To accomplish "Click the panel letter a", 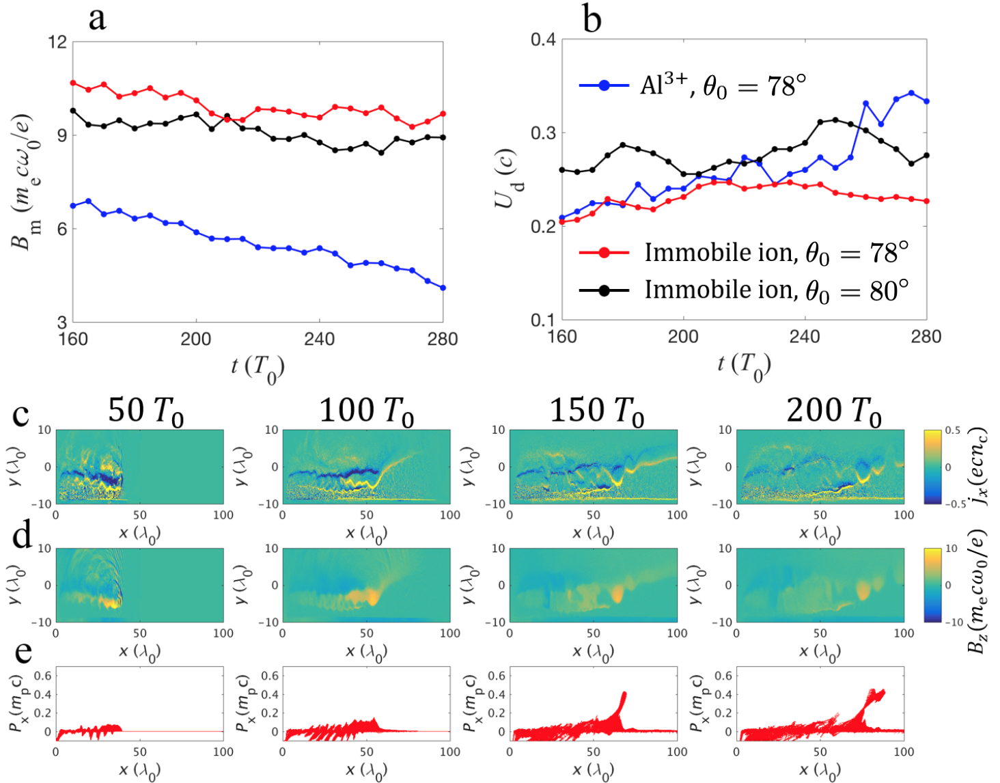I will click(x=98, y=18).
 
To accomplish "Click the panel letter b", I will click(x=592, y=19).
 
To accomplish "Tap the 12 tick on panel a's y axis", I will click(x=57, y=42).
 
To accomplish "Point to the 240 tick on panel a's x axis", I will click(x=319, y=339).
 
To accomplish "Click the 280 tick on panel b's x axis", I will click(x=926, y=336).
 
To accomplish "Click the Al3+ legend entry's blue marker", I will click(x=604, y=86).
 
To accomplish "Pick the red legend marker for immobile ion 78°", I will click(x=604, y=253).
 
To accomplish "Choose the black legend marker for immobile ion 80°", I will click(x=604, y=290).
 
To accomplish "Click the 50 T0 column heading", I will click(x=145, y=411).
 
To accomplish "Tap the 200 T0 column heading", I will click(x=833, y=411).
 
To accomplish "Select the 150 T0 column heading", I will click(x=597, y=411).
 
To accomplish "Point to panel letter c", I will click(x=20, y=415).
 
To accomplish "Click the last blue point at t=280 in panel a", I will click(x=443, y=288).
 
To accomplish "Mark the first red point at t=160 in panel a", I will click(x=73, y=83).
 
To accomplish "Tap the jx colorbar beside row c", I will click(x=932, y=467).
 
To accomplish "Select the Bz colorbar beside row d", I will click(x=932, y=585).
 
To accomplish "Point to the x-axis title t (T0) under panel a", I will click(x=257, y=368).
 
